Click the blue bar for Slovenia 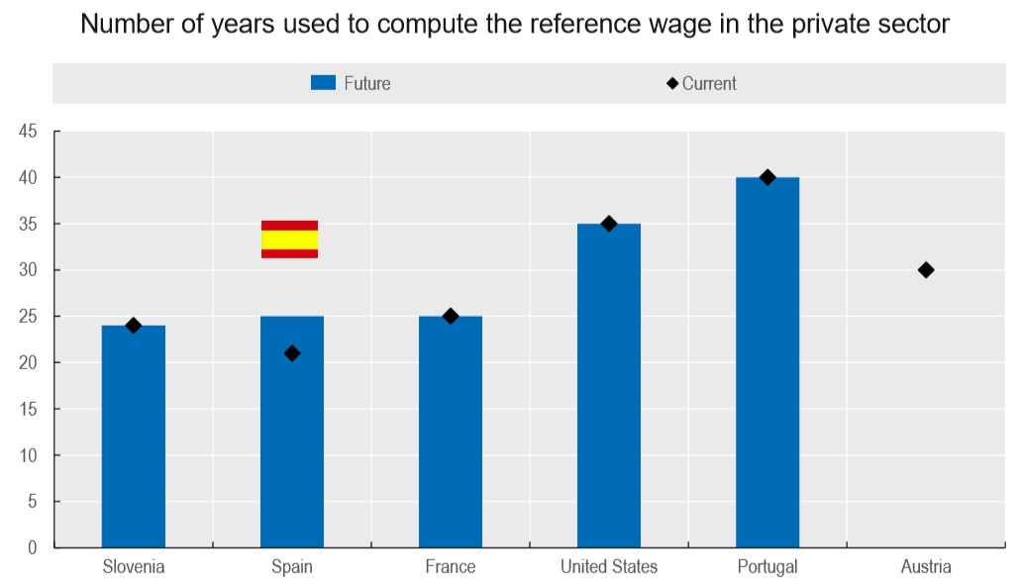134,436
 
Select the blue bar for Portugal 767,362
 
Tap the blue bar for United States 609,386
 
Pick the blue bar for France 451,432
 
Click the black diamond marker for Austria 926,270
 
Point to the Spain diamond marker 292,353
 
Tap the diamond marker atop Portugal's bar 767,177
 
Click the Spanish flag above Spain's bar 289,240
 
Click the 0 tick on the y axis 33,547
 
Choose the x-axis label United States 609,567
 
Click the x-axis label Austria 926,567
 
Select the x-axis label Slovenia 134,567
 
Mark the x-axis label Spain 292,567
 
